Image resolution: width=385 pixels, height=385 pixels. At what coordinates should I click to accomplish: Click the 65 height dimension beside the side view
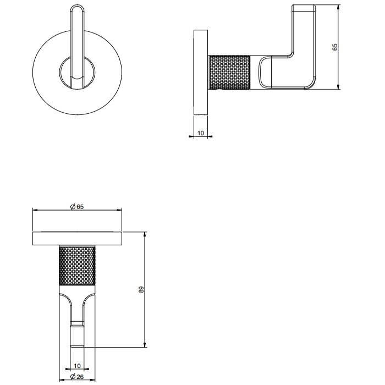[335, 47]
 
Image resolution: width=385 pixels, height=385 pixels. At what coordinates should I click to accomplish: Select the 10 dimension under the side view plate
[200, 133]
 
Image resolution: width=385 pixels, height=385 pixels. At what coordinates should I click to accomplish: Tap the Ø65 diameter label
[77, 206]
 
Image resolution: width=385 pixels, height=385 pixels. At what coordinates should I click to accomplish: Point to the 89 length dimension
[141, 289]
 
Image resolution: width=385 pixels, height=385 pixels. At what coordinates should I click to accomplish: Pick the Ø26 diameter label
[77, 377]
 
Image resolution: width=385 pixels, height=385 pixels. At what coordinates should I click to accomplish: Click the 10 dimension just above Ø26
[77, 365]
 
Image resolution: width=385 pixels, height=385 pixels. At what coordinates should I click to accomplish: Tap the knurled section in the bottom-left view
[77, 266]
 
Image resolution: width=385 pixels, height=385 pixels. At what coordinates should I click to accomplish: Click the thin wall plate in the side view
[200, 71]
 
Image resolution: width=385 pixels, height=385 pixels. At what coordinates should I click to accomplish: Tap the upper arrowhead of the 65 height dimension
[338, 8]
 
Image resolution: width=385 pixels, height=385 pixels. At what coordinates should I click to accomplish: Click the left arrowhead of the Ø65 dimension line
[35, 210]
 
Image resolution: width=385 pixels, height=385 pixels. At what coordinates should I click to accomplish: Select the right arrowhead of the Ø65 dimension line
[120, 210]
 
